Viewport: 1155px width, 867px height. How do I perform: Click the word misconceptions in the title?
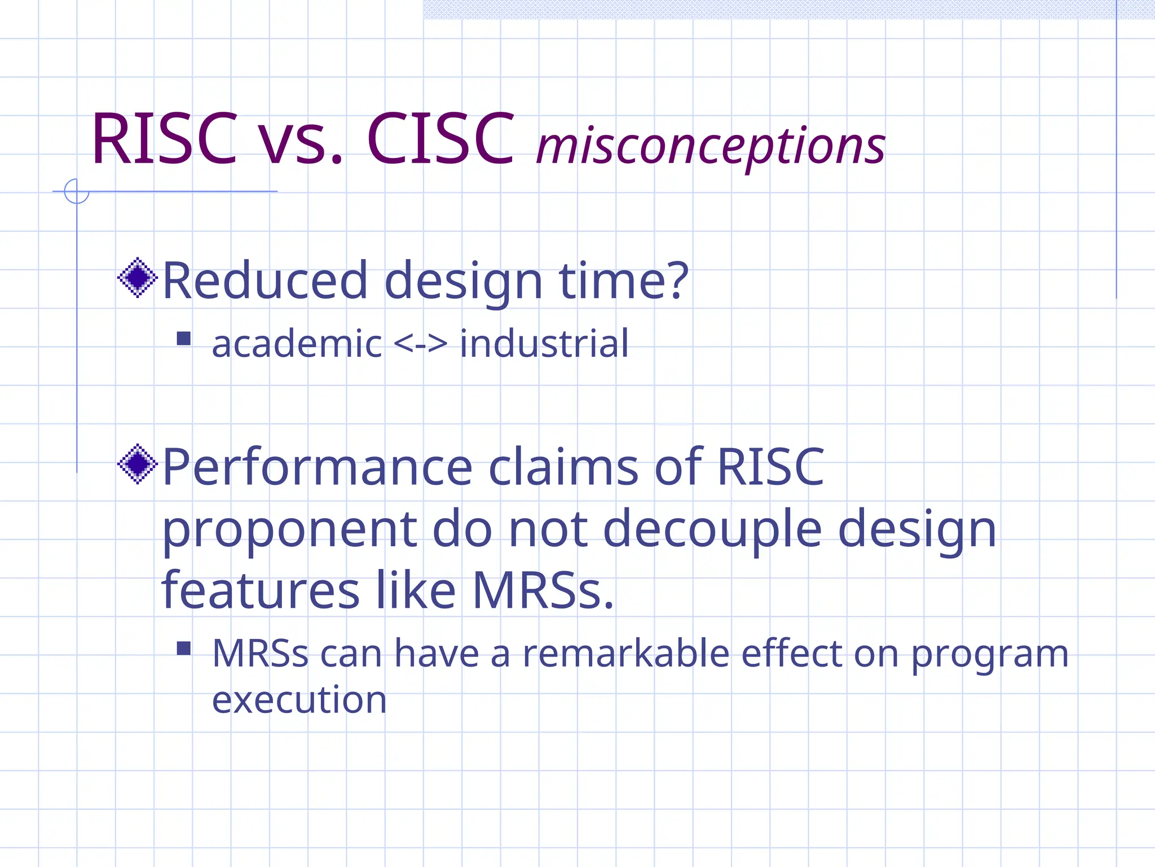(x=711, y=146)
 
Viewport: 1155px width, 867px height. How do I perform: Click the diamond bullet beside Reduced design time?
(x=137, y=277)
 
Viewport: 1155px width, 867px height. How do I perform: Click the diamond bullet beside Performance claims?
(x=137, y=464)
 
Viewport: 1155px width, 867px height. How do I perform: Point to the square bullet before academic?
(x=184, y=339)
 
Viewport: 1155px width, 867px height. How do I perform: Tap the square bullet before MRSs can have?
(x=184, y=648)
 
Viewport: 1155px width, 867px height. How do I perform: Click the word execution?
(x=299, y=699)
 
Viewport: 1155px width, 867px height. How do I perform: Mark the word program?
(x=990, y=655)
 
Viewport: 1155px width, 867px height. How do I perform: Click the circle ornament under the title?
(x=77, y=191)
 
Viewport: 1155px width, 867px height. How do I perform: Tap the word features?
(x=261, y=590)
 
